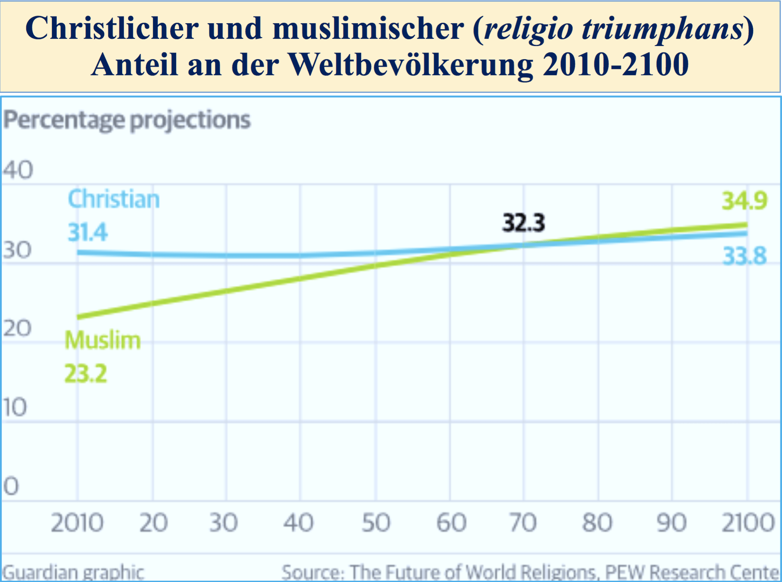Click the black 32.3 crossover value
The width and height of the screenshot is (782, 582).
click(523, 223)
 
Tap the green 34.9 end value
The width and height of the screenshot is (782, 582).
click(744, 201)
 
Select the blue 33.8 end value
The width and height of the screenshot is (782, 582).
click(744, 256)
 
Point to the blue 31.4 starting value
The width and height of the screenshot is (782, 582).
click(87, 232)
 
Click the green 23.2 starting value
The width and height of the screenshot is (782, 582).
click(86, 374)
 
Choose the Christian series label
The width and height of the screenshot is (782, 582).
click(114, 199)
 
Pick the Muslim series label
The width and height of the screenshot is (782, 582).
click(103, 341)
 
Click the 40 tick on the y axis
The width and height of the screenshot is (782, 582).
click(18, 170)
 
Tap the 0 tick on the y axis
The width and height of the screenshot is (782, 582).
click(11, 486)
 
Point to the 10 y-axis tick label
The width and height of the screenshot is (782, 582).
click(15, 407)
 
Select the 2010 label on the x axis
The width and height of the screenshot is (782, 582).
click(77, 522)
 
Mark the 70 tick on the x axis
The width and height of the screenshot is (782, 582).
click(523, 522)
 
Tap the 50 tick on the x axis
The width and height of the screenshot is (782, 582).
click(375, 522)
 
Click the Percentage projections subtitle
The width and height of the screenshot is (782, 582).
click(127, 120)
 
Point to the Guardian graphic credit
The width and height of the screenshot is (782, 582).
click(73, 572)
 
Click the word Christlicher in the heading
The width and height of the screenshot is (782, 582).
click(112, 29)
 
